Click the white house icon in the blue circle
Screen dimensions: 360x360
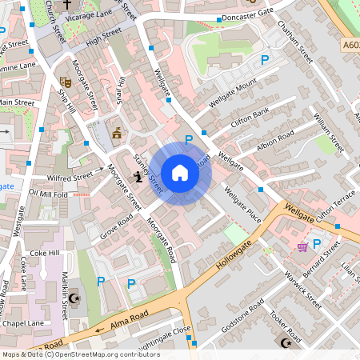pyautogui.click(x=180, y=173)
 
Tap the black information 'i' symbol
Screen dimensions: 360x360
pyautogui.click(x=139, y=178)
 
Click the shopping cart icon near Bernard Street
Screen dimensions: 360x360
pyautogui.click(x=302, y=247)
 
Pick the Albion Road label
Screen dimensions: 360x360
pyautogui.click(x=275, y=142)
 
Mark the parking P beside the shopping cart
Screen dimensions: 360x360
pyautogui.click(x=317, y=243)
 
